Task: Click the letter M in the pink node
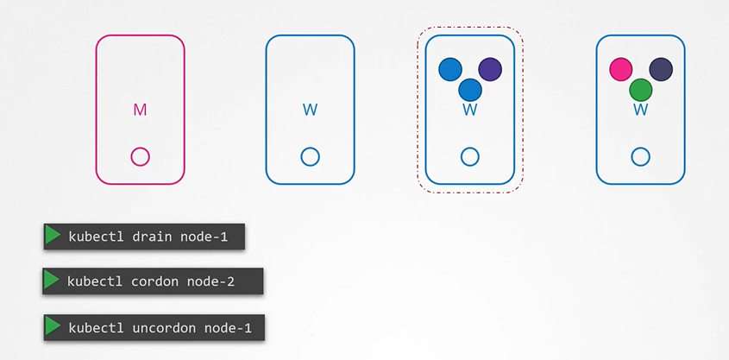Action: coord(140,110)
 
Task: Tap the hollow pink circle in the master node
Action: coord(140,157)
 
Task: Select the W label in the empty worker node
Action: coord(310,110)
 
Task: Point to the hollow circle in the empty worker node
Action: coord(310,157)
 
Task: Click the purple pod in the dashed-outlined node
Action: coord(490,69)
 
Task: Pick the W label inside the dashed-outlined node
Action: coord(470,111)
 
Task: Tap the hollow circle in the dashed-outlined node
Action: coord(470,157)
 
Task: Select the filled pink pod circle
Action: coord(620,69)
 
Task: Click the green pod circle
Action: coord(641,90)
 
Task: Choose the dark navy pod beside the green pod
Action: coord(661,69)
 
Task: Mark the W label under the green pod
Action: coord(641,111)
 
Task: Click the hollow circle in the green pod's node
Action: coord(641,157)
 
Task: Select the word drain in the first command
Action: coord(151,237)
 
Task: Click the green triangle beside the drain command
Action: coord(53,236)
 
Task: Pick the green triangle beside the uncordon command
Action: coord(53,326)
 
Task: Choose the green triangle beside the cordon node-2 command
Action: coord(51,280)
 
